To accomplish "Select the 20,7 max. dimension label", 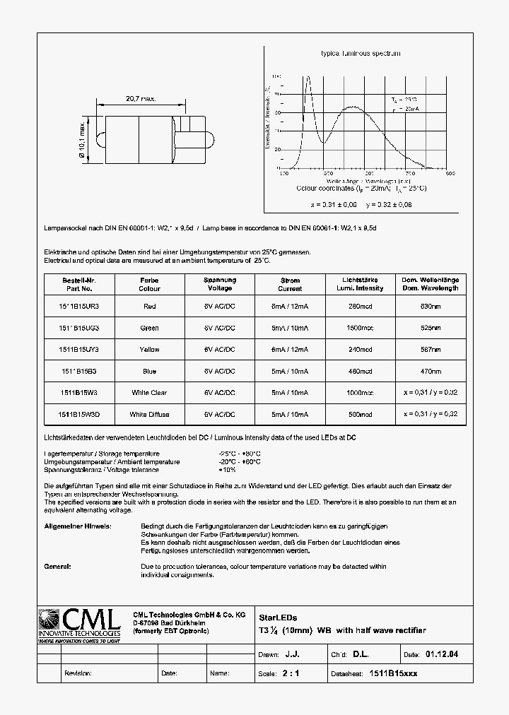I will pyautogui.click(x=140, y=100).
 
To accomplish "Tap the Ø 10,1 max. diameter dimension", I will pyautogui.click(x=83, y=140).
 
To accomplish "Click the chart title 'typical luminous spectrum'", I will pyautogui.click(x=361, y=54).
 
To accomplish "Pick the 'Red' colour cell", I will pyautogui.click(x=149, y=307).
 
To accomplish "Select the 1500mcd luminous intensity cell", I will pyautogui.click(x=360, y=328).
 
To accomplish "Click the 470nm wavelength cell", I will pyautogui.click(x=431, y=372).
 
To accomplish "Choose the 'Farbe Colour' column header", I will pyautogui.click(x=149, y=284).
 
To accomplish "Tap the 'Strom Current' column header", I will pyautogui.click(x=290, y=284).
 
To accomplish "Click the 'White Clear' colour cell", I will pyautogui.click(x=149, y=393).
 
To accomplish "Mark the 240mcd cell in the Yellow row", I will pyautogui.click(x=360, y=350).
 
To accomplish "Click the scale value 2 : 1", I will pyautogui.click(x=291, y=674).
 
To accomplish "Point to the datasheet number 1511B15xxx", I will pyautogui.click(x=394, y=674).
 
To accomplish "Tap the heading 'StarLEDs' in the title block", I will pyautogui.click(x=274, y=617).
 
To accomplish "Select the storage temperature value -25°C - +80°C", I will pyautogui.click(x=240, y=454).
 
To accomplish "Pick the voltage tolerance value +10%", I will pyautogui.click(x=228, y=470).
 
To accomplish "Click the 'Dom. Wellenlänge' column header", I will pyautogui.click(x=431, y=284).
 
